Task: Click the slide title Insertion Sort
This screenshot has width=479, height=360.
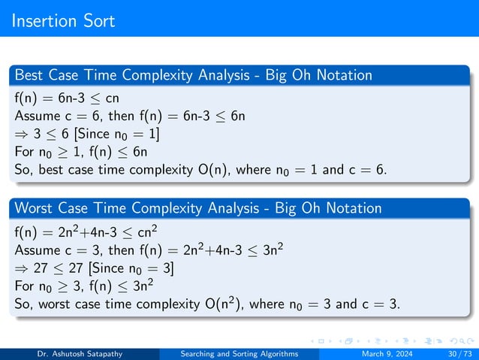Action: [x=64, y=20]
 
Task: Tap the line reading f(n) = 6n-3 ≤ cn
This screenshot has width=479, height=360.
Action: [x=67, y=98]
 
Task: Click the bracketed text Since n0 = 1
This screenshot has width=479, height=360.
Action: [x=119, y=134]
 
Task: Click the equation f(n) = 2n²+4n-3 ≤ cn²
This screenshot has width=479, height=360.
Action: [x=89, y=230]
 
